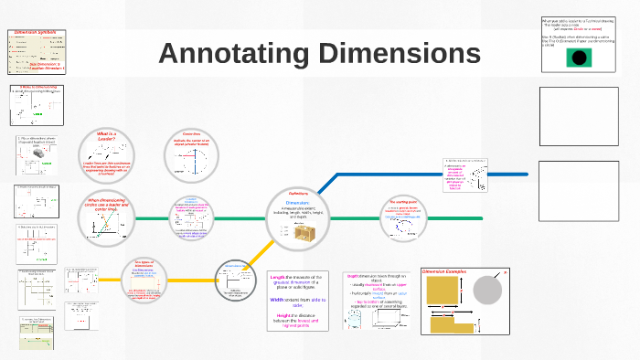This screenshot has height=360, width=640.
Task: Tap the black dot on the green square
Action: (578, 58)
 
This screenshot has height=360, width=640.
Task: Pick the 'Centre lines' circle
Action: (192, 154)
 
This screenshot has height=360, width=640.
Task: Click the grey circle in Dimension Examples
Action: (486, 291)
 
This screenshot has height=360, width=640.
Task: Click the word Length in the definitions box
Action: (279, 276)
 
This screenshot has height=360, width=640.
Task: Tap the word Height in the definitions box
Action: (285, 315)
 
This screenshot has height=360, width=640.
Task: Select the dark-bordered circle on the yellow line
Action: (234, 280)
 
